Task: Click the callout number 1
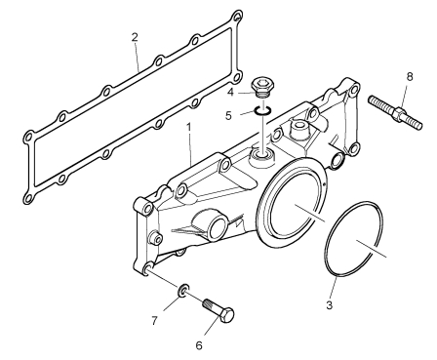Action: [188, 128]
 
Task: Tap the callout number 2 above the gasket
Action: [135, 37]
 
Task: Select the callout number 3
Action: [329, 305]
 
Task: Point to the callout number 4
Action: [230, 93]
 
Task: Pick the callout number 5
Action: [228, 115]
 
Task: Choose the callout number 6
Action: [199, 345]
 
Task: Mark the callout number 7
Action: [154, 321]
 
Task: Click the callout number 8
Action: [410, 77]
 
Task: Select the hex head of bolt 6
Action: [227, 315]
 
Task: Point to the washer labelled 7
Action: [183, 290]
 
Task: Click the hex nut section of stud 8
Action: [400, 114]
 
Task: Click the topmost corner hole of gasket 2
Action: [237, 16]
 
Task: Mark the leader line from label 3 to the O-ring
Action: [333, 288]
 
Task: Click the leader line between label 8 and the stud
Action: [404, 96]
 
